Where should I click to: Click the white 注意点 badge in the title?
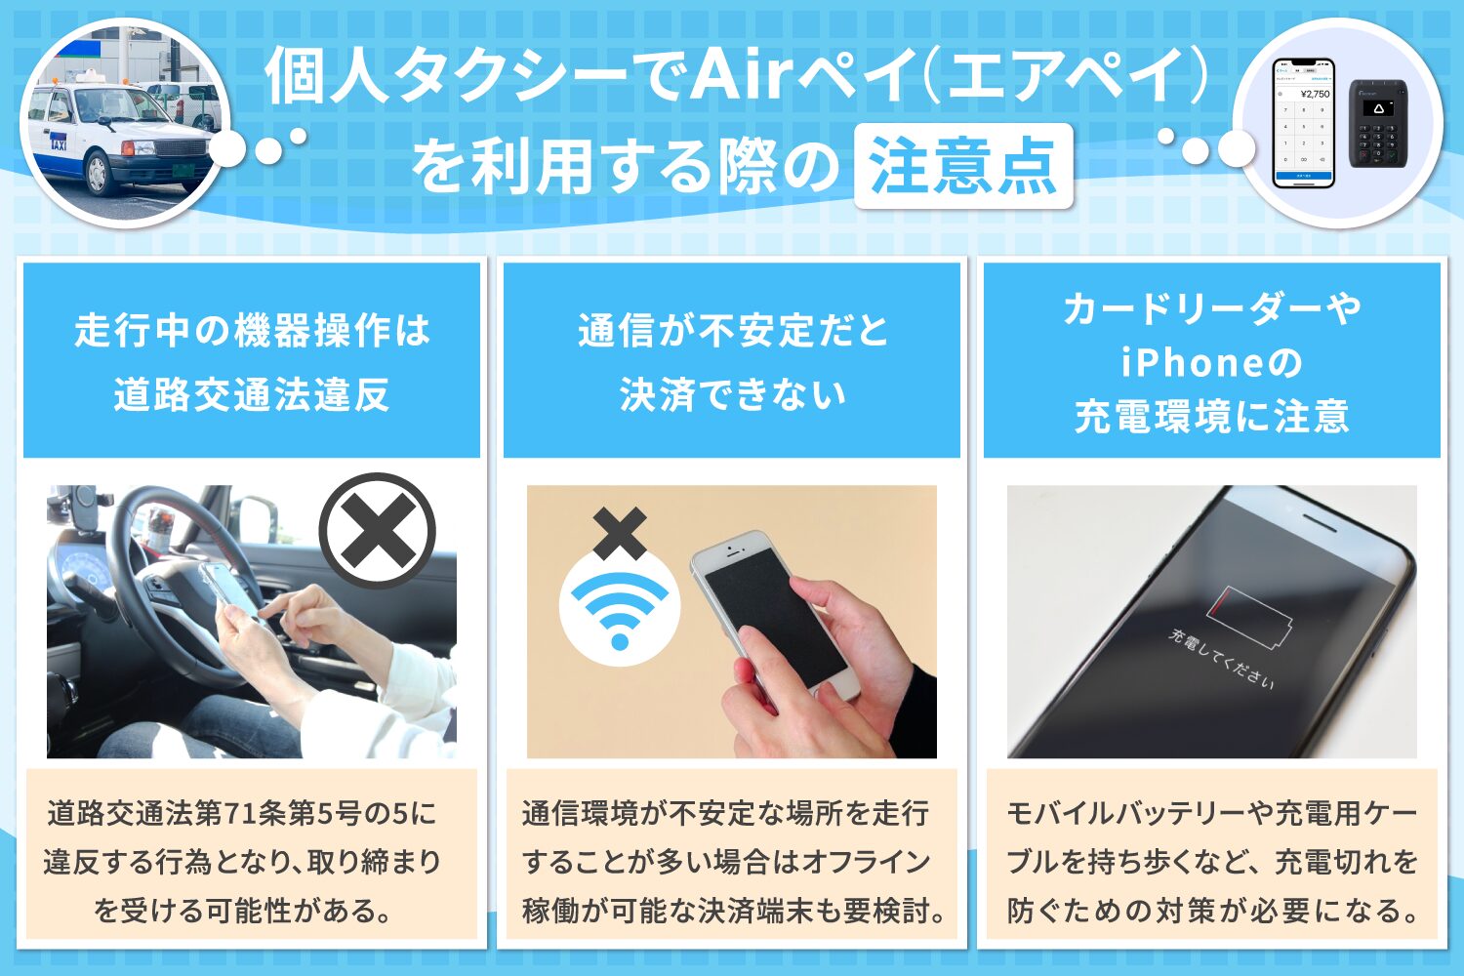pyautogui.click(x=962, y=166)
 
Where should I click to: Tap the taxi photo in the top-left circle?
pyautogui.click(x=122, y=122)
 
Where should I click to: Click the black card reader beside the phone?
pyautogui.click(x=1377, y=122)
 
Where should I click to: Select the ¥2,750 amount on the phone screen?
pyautogui.click(x=1314, y=94)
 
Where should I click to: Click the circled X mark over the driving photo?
pyautogui.click(x=377, y=530)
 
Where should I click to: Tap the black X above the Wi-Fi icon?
pyautogui.click(x=620, y=533)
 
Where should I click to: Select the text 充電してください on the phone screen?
pyautogui.click(x=1222, y=660)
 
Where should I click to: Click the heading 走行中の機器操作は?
pyautogui.click(x=252, y=331)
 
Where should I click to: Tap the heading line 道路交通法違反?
pyautogui.click(x=252, y=395)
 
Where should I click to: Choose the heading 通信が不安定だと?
pyautogui.click(x=732, y=331)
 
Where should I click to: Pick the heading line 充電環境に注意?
pyautogui.click(x=1211, y=417)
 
